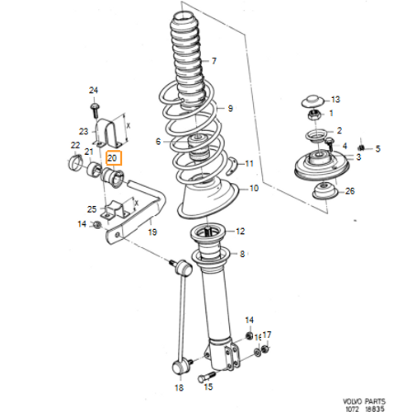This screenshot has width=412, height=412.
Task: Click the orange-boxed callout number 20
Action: (112, 158)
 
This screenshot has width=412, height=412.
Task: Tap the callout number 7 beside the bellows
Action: (214, 61)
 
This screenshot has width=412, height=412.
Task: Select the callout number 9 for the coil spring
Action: (231, 109)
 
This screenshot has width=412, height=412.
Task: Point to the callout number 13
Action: (335, 100)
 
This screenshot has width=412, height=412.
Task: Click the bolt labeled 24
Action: (95, 110)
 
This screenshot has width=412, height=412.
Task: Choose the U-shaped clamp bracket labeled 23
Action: (109, 133)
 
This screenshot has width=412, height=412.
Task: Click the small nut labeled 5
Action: (362, 147)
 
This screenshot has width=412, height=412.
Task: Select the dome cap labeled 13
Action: (312, 101)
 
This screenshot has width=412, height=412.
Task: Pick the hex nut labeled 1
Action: (314, 115)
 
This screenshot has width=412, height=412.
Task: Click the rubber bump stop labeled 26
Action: (325, 190)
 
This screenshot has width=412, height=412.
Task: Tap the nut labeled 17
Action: (265, 349)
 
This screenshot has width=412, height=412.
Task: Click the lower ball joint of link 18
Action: (179, 368)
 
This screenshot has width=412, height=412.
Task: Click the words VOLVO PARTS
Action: (364, 401)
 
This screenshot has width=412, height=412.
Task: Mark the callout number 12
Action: (241, 232)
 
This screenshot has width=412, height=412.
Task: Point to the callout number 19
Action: (152, 232)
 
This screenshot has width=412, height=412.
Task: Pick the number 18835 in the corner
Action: (375, 409)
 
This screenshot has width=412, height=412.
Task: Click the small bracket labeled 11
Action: (232, 166)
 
